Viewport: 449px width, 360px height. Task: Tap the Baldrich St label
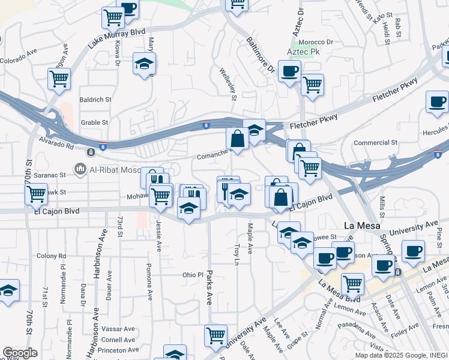[95, 99]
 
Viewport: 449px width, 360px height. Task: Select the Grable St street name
[94, 122]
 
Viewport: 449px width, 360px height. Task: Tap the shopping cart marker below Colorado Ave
[59, 79]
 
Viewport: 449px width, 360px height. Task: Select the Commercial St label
[376, 143]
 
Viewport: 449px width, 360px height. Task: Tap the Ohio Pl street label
[194, 275]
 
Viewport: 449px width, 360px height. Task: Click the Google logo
[20, 353]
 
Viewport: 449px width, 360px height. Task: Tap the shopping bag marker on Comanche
[238, 139]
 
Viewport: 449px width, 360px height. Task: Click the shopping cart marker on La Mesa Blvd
[352, 283]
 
